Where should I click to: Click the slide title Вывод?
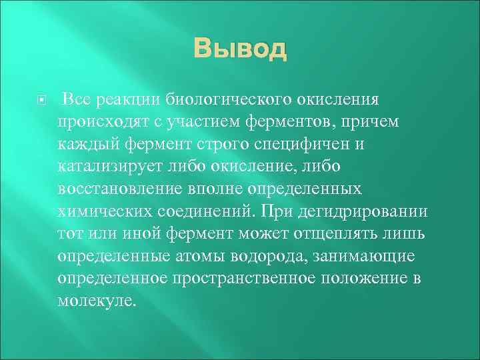240,49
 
